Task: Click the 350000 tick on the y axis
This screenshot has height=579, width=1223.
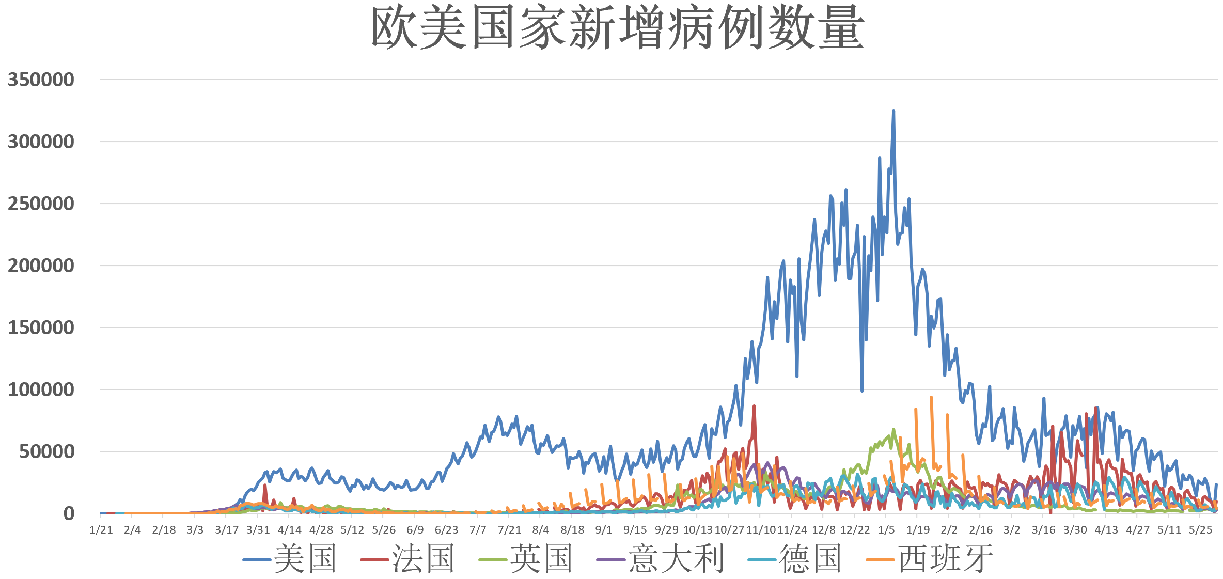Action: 41,80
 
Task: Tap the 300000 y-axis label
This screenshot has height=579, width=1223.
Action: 41,142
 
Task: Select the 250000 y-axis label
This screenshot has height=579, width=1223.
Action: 41,204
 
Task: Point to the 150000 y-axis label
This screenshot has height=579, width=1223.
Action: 41,327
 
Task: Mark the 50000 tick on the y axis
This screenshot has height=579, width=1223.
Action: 46,451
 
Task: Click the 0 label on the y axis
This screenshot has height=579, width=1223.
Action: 69,513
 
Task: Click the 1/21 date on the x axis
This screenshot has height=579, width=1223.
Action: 101,530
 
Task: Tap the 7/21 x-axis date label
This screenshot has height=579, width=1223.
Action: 509,530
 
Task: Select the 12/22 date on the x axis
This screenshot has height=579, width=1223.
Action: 855,530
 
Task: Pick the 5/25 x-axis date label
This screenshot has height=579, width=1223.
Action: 1200,530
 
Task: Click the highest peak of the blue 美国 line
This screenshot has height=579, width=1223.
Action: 893,111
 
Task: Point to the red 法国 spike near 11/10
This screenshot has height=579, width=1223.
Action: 754,406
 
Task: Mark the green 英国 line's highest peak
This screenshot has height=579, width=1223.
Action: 893,430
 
